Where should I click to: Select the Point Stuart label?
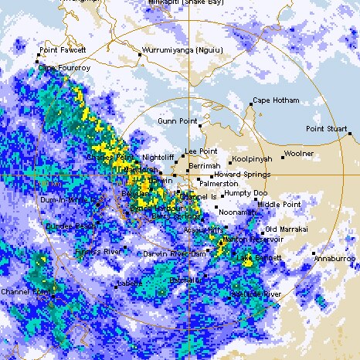point(326,128)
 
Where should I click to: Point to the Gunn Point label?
point(174,121)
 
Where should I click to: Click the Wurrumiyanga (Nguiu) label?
point(178,51)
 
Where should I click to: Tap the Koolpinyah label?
point(251,158)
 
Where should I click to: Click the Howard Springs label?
point(238,175)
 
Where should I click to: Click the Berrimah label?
point(205,165)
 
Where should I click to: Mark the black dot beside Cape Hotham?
point(252,102)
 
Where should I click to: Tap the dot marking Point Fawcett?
point(38,55)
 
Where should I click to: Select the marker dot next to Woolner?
point(283,156)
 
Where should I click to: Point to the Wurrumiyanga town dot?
point(139,55)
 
